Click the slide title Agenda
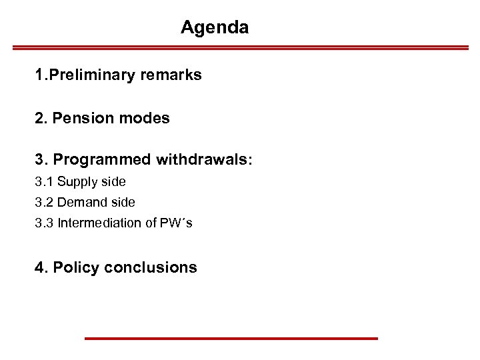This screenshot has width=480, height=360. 215,28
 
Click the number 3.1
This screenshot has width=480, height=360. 44,181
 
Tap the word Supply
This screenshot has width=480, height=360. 77,182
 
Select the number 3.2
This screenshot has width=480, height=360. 44,202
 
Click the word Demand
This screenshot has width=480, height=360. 81,202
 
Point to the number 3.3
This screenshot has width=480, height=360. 44,223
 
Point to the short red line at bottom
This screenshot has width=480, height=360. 231,339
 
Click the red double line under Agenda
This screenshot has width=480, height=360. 241,48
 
